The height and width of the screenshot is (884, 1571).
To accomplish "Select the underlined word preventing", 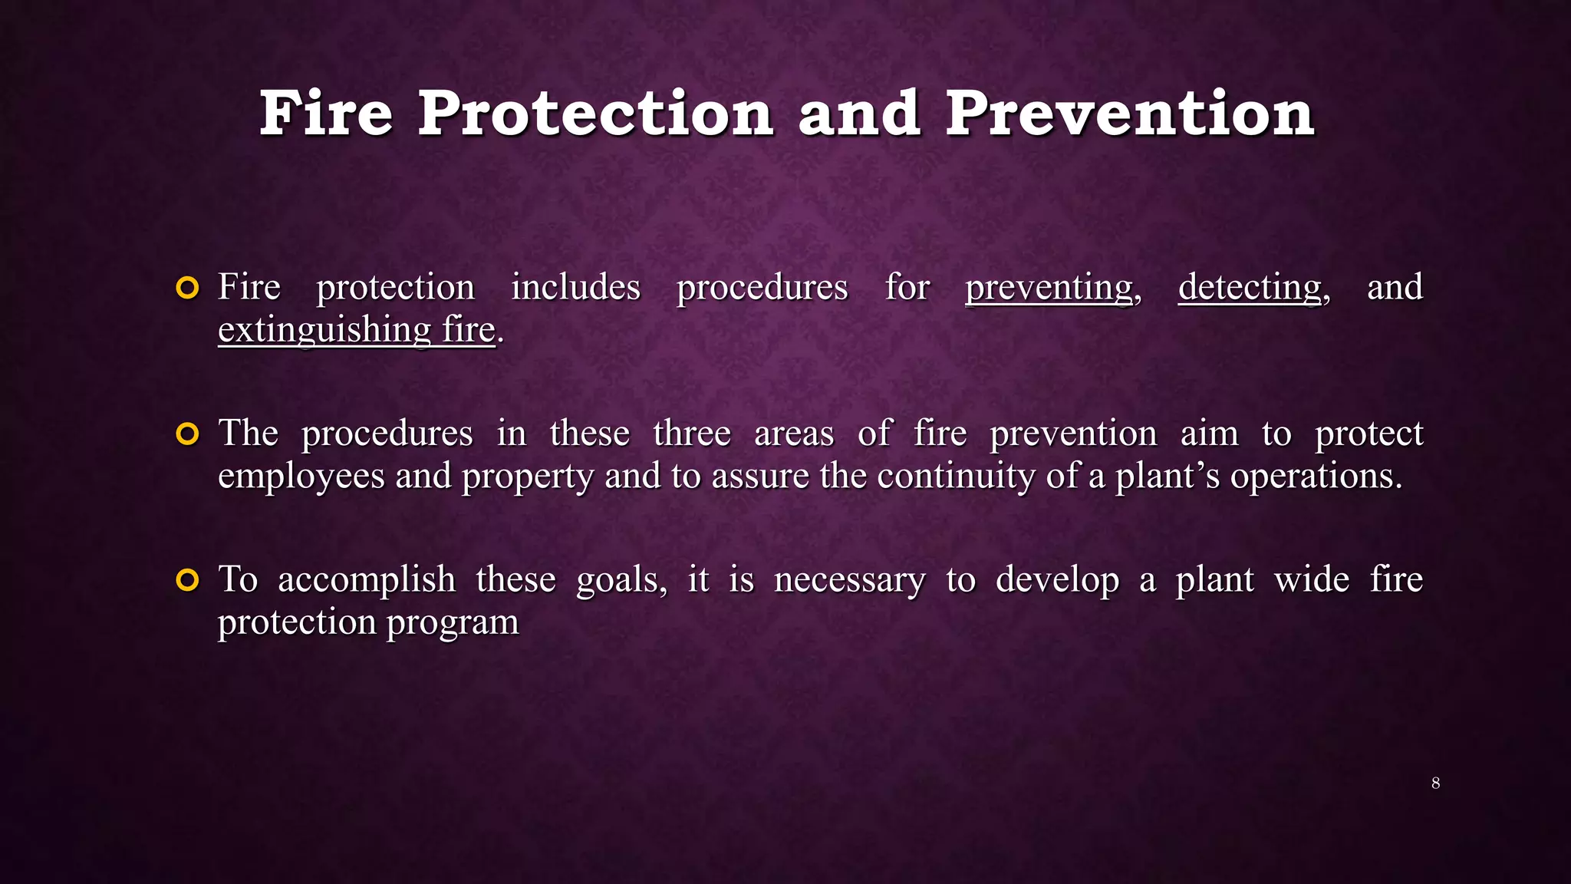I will [x=1049, y=289].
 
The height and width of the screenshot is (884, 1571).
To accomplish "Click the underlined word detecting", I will [x=1250, y=289].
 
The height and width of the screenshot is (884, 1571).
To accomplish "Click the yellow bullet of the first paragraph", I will [x=187, y=289].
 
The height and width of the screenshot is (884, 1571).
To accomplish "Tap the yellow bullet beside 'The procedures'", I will [x=187, y=434].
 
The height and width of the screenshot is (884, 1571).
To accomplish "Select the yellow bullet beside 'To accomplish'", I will [x=187, y=580].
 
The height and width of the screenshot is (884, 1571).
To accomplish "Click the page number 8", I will [x=1435, y=783].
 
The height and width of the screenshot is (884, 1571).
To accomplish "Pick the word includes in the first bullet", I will [x=575, y=288].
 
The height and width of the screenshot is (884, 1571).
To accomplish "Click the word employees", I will [x=301, y=477].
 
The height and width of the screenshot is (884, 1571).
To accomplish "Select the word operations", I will [x=1315, y=477].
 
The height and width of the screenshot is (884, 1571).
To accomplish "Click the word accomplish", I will [x=366, y=580].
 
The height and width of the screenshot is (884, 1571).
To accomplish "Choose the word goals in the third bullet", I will [x=618, y=580].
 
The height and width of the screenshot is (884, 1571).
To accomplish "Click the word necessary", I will [x=849, y=580].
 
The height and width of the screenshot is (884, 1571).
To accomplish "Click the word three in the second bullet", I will [x=691, y=434].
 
